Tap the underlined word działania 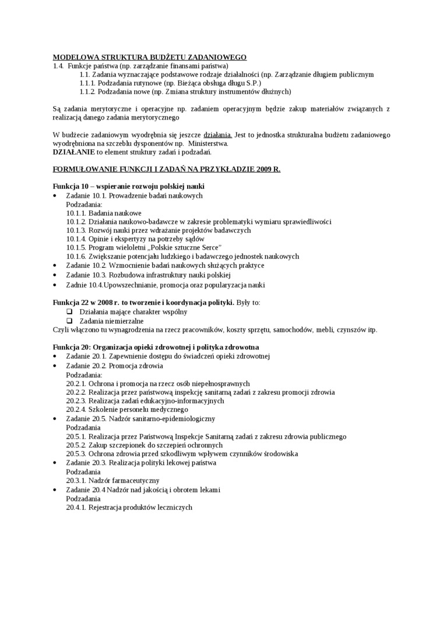click(217, 135)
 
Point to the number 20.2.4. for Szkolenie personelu click(76, 409)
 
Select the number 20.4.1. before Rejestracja click(76, 507)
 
